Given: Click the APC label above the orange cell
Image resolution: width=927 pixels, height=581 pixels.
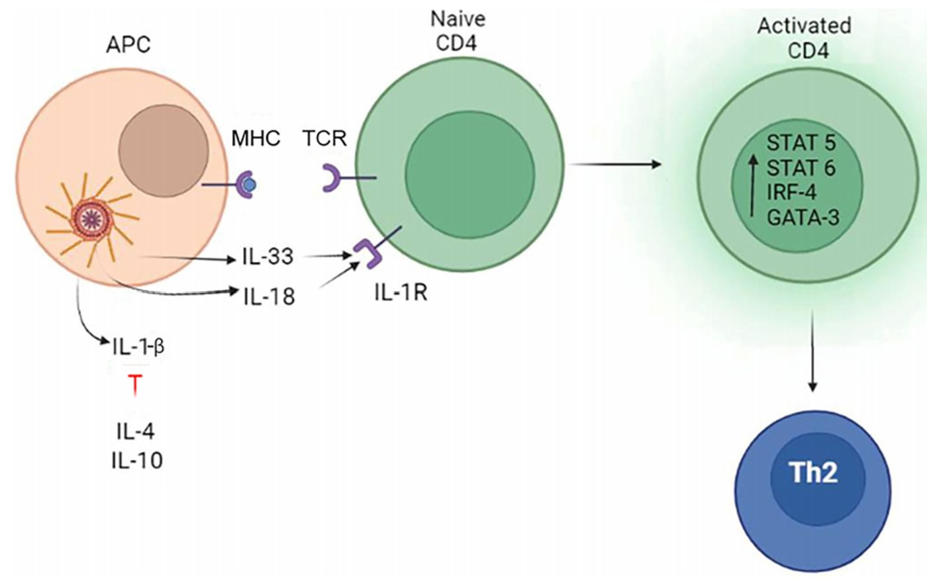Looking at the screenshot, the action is tap(128, 44).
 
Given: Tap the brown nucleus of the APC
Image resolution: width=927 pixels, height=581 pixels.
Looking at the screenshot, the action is tap(164, 149).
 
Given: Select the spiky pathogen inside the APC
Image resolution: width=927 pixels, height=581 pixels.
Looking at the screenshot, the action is tap(92, 218).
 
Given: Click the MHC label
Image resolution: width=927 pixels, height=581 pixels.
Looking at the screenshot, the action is tap(256, 138).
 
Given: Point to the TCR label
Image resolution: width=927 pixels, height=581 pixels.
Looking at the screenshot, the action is tap(325, 138).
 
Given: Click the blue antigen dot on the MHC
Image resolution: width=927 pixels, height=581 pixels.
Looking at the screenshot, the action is tap(250, 185).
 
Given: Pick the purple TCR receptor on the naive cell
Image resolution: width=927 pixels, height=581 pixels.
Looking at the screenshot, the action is tap(331, 178).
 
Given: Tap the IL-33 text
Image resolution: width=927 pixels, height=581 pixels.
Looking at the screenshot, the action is tap(268, 257).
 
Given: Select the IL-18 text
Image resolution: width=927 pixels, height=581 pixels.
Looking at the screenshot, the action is tap(269, 296).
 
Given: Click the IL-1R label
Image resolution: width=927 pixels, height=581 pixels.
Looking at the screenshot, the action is tap(401, 292).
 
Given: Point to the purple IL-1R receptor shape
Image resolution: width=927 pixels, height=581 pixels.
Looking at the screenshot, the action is tap(368, 252).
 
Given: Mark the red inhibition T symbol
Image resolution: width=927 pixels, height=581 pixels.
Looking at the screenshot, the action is tap(135, 384).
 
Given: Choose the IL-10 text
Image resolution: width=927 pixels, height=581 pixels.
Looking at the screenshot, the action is tap(137, 461).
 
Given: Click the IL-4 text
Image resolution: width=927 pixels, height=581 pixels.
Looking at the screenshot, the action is tap(136, 432).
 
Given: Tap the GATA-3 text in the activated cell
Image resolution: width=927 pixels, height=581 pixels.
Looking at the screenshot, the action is tap(803, 218).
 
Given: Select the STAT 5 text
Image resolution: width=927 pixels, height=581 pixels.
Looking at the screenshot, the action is tap(801, 143).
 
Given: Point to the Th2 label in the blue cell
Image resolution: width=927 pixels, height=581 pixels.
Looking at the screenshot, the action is tap(813, 472).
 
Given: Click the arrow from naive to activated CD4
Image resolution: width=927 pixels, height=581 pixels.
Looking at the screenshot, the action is tap(615, 165).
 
